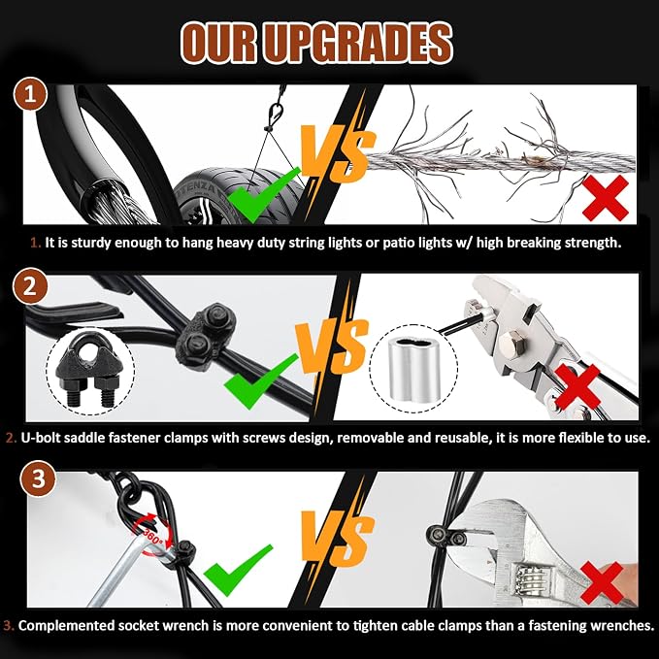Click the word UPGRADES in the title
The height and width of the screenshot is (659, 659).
359,44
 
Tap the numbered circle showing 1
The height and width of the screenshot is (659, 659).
30,94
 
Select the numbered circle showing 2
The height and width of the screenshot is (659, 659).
30,287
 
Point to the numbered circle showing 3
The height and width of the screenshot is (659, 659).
38,479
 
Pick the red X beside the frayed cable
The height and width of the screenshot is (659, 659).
606,198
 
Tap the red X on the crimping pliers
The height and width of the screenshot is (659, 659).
577,387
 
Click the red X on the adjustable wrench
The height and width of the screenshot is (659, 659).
602,583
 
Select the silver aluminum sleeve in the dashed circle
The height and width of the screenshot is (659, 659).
414,369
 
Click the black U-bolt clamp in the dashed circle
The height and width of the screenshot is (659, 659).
90,370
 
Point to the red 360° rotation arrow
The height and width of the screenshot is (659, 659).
153,536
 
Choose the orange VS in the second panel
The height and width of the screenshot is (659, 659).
332,346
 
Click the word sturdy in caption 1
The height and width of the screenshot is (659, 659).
91,243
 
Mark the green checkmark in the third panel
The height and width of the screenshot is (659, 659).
239,570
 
